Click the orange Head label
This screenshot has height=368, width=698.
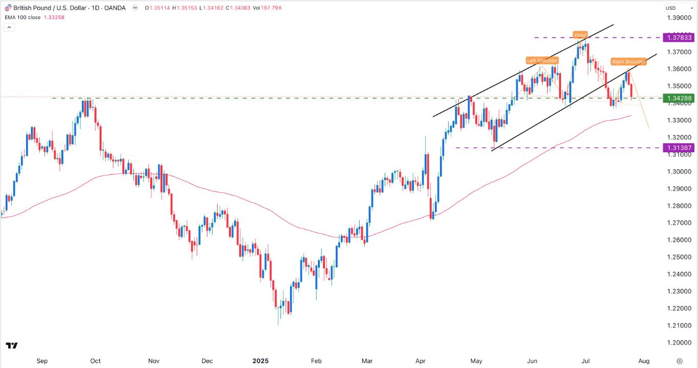580,35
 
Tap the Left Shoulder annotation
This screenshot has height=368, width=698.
542,60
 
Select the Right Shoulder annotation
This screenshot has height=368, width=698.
629,62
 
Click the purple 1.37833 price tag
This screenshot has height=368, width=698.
679,37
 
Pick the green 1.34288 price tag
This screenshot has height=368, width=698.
679,98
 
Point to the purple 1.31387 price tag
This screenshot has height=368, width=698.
679,148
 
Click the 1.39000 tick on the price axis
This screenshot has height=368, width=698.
679,18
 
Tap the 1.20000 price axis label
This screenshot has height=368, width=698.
679,342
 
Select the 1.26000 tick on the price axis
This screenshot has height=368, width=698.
679,240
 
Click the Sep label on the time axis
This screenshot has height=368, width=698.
42,361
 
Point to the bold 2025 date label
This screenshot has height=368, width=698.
261,361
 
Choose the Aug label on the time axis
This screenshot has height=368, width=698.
644,361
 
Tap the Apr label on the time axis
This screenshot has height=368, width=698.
421,361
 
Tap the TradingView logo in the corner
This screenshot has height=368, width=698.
12,346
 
